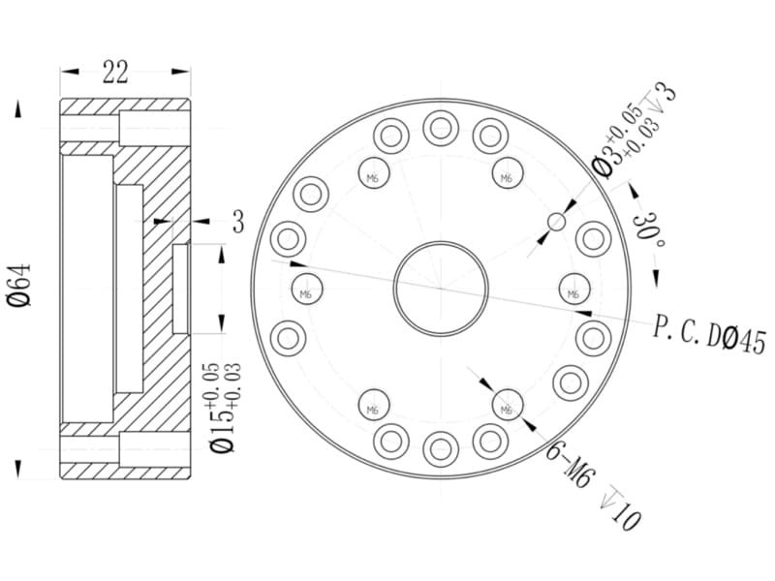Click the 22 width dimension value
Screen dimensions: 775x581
115,72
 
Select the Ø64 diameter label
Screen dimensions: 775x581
19,286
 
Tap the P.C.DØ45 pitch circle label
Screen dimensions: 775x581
709,335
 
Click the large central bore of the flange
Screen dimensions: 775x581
441,289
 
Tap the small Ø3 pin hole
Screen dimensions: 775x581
557,222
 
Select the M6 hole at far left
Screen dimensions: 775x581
307,289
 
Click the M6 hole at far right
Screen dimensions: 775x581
574,289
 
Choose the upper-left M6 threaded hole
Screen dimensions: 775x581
374,173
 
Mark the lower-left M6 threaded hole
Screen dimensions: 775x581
374,405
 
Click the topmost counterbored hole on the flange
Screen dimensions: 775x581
441,129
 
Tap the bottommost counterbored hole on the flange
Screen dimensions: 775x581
441,449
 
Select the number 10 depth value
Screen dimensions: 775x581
626,518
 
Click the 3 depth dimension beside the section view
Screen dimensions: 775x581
238,222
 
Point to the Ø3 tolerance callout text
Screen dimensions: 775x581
633,131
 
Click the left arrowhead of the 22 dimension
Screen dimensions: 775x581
70,72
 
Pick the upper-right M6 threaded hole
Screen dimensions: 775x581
508,173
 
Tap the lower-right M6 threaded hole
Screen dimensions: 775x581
508,405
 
